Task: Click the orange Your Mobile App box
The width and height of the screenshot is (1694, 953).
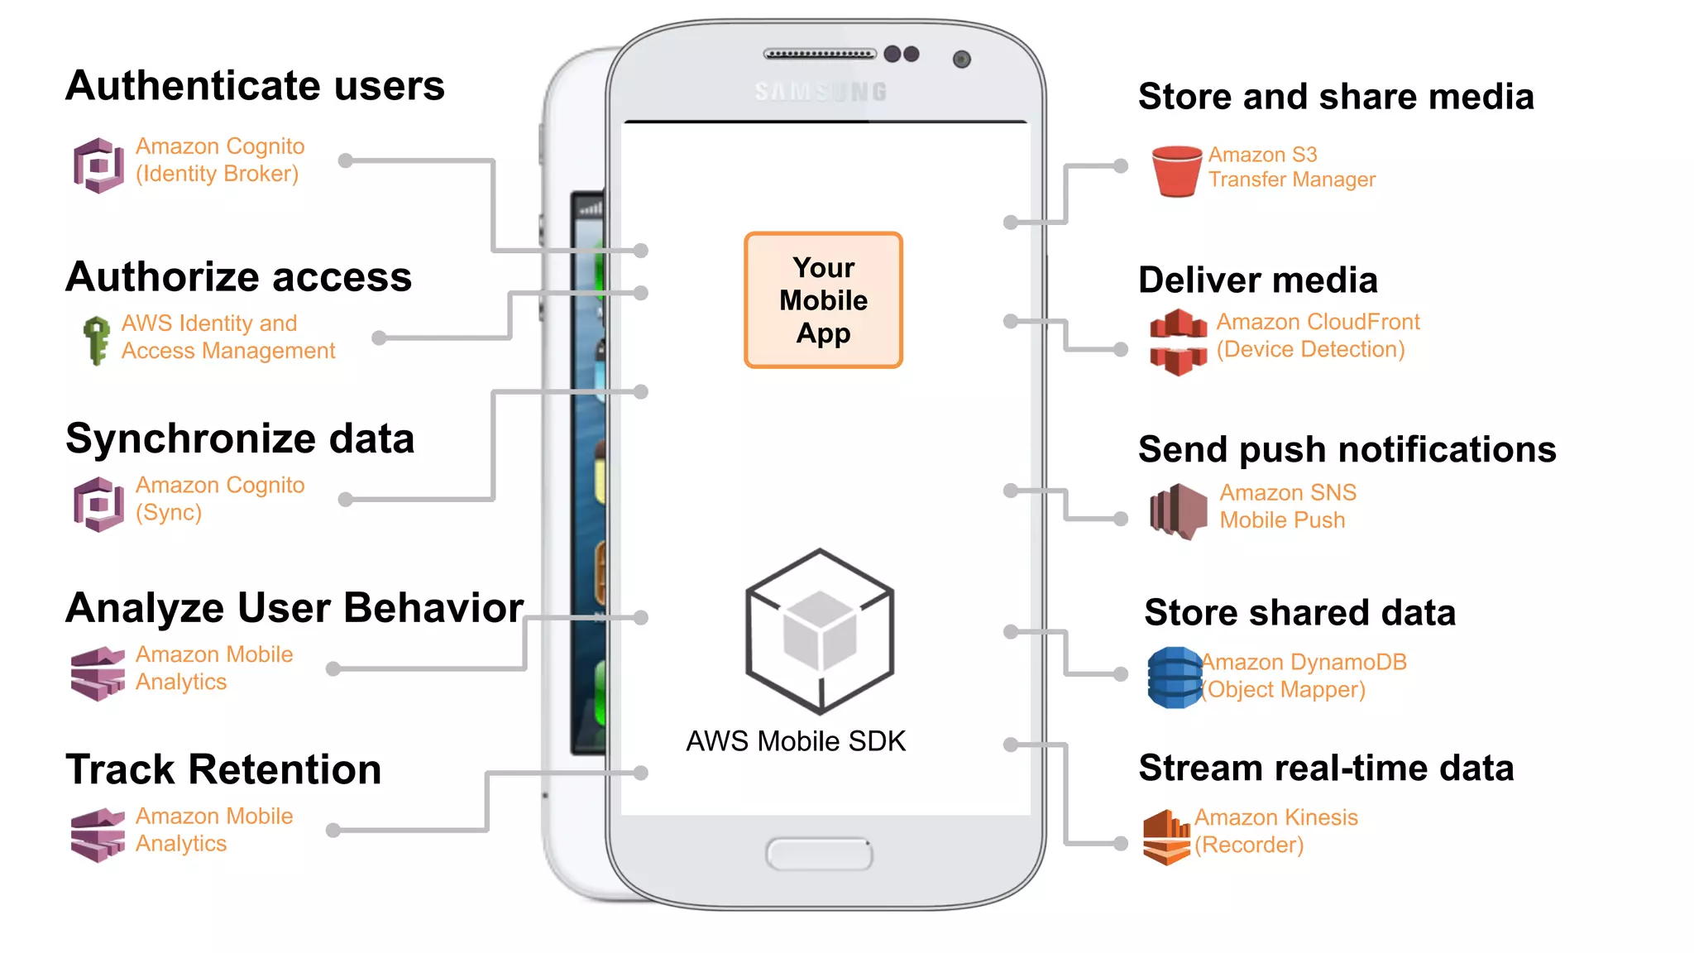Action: tap(823, 300)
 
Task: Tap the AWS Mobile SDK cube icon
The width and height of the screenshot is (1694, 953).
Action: tap(820, 631)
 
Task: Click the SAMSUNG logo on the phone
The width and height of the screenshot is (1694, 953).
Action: tap(821, 92)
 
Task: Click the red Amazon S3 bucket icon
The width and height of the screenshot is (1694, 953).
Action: tap(1176, 171)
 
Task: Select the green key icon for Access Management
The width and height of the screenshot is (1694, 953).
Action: tap(97, 339)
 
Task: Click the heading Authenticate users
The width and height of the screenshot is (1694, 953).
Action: tap(255, 86)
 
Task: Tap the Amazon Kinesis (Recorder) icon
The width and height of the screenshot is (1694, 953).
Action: tap(1165, 836)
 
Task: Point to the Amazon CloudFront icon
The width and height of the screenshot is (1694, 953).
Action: tap(1178, 341)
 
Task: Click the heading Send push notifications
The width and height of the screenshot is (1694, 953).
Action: tap(1347, 449)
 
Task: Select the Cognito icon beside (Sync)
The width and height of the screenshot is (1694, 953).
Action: tap(98, 504)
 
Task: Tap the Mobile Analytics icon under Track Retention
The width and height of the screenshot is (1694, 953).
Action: tap(98, 835)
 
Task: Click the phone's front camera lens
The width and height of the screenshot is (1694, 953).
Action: tap(961, 60)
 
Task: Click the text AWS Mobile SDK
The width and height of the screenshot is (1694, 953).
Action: tap(796, 741)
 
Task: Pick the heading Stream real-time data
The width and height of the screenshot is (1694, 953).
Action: tap(1326, 768)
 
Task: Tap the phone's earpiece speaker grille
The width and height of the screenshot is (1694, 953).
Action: tap(819, 55)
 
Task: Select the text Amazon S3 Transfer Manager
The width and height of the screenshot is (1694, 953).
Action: tap(1290, 167)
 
